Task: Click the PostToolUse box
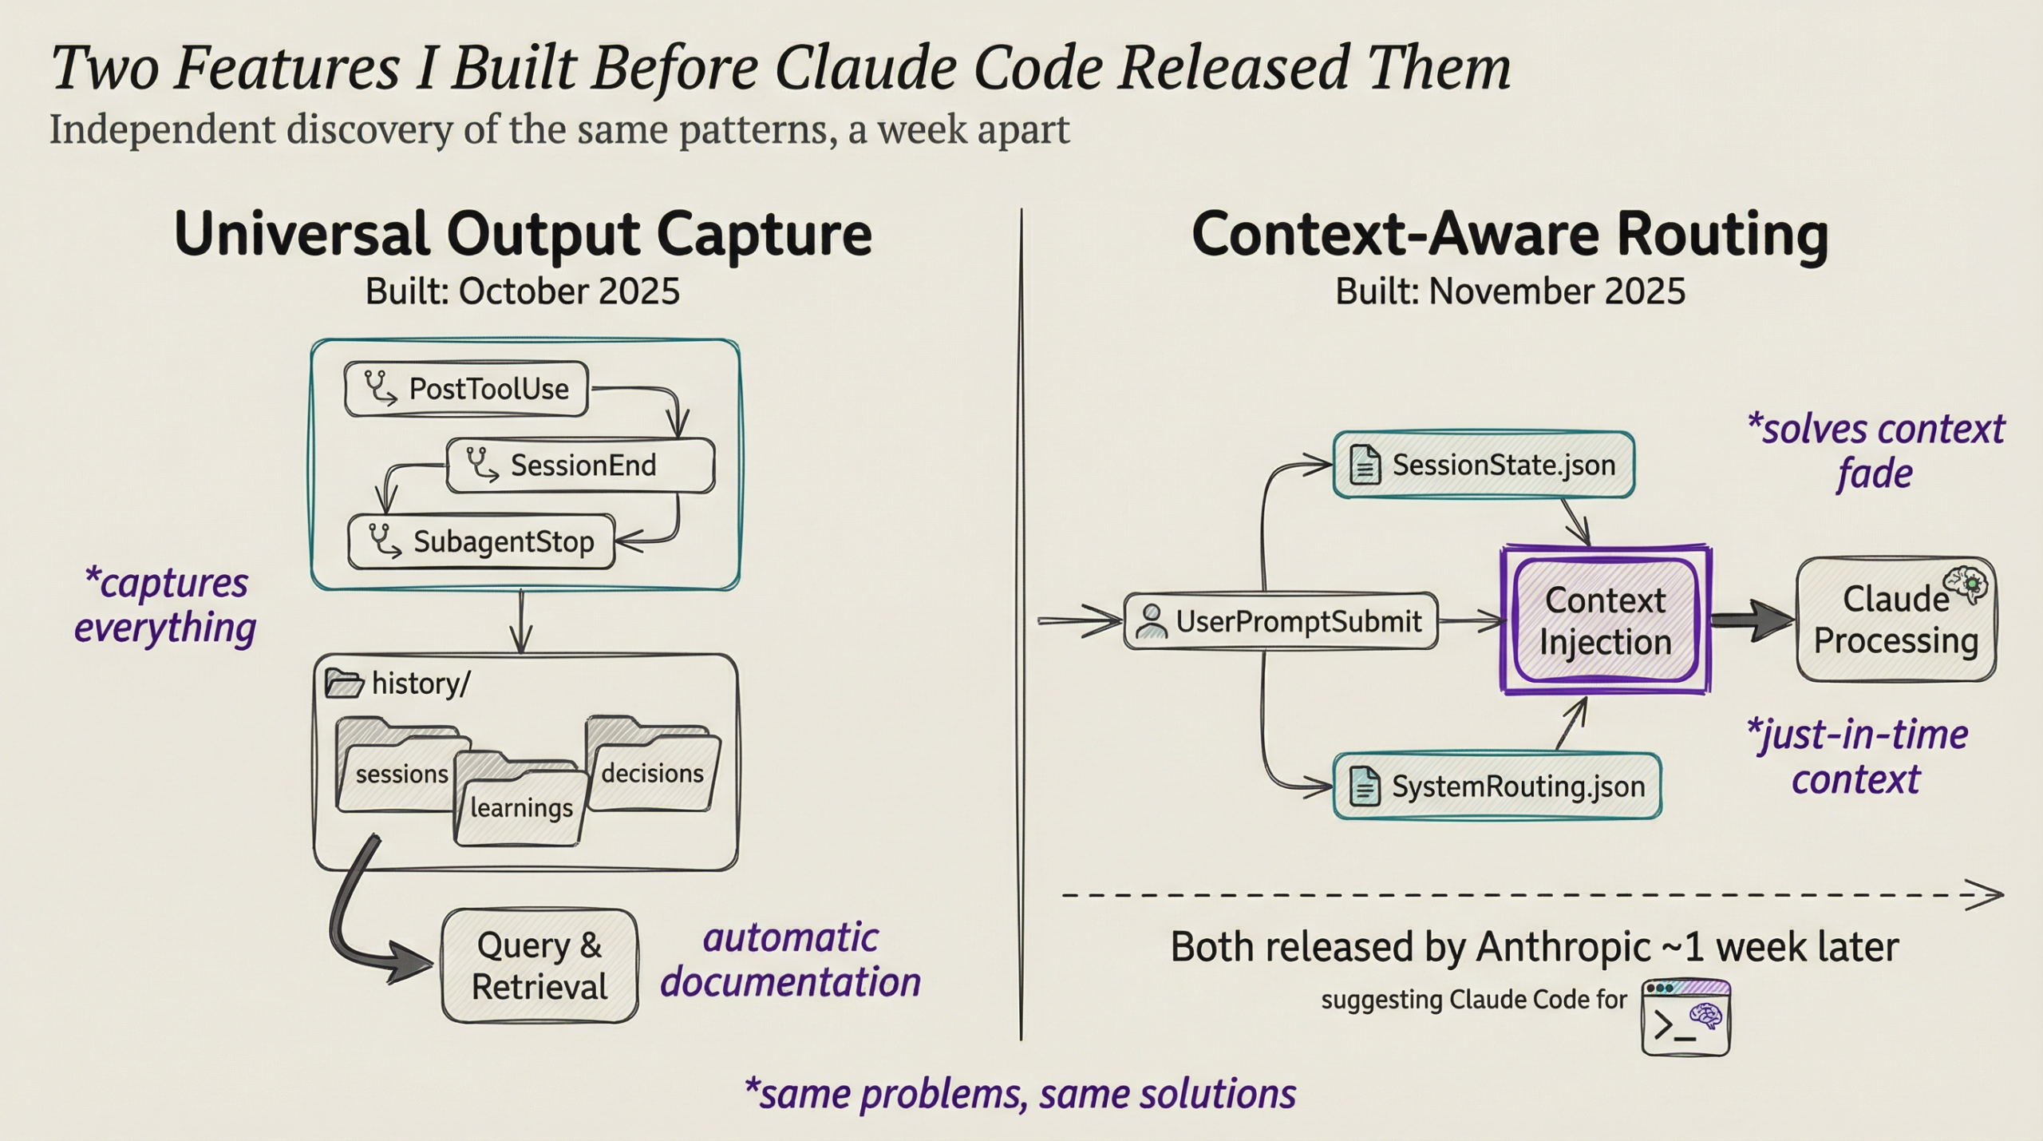(x=466, y=389)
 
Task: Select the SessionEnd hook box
(x=580, y=466)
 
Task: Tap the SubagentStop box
(x=481, y=542)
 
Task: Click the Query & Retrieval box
(x=539, y=966)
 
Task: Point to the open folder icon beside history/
(x=344, y=684)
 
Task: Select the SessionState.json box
(x=1484, y=466)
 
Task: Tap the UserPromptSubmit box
(x=1281, y=621)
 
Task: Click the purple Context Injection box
(x=1605, y=621)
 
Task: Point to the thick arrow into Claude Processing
(x=1752, y=620)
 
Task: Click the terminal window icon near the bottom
(x=1685, y=1019)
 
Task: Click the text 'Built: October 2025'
(x=523, y=291)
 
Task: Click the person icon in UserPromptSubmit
(x=1152, y=621)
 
